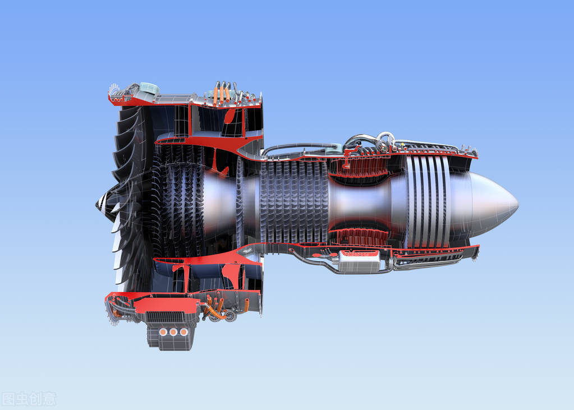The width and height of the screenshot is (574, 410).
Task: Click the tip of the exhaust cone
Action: pyautogui.click(x=516, y=204)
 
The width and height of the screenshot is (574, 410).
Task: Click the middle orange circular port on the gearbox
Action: pyautogui.click(x=173, y=332)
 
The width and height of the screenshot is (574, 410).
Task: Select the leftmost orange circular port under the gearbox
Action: pyautogui.click(x=163, y=332)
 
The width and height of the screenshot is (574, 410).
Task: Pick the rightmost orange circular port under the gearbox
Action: pyautogui.click(x=183, y=332)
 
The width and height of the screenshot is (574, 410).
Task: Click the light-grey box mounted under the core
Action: pyautogui.click(x=359, y=261)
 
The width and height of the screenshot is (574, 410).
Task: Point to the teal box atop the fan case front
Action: pyautogui.click(x=149, y=88)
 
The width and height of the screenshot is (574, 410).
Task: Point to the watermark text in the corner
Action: pyautogui.click(x=29, y=399)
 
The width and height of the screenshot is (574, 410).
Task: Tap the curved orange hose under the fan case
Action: pyautogui.click(x=217, y=311)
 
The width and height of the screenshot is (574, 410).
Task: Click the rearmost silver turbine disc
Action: pyautogui.click(x=446, y=202)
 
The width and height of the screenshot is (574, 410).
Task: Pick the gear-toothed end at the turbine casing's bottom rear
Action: pyautogui.click(x=476, y=252)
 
